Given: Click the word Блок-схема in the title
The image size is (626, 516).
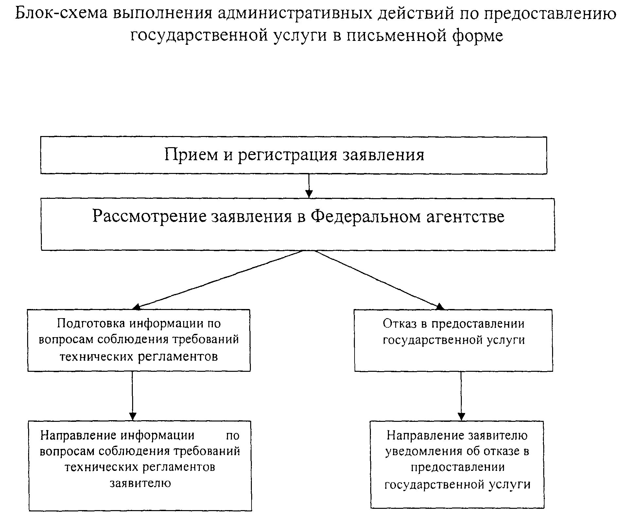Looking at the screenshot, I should (61, 14).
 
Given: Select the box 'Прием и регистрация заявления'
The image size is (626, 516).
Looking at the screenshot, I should (293, 155).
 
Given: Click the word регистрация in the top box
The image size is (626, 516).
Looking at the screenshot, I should (287, 155).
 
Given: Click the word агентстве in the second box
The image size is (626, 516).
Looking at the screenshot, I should (465, 216).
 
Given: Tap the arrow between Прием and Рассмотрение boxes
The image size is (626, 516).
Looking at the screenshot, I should (309, 185).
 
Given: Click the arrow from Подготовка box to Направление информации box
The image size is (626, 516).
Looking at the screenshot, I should (132, 396).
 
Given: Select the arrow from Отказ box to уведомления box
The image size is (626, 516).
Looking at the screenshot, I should (461, 396).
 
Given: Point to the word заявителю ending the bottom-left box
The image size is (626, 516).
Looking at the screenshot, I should (140, 483).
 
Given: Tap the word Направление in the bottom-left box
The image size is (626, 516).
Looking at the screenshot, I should (78, 435).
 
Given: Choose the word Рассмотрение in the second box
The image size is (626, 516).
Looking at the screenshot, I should (149, 216).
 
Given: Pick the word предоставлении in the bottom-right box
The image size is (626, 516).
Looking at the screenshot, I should (458, 467).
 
